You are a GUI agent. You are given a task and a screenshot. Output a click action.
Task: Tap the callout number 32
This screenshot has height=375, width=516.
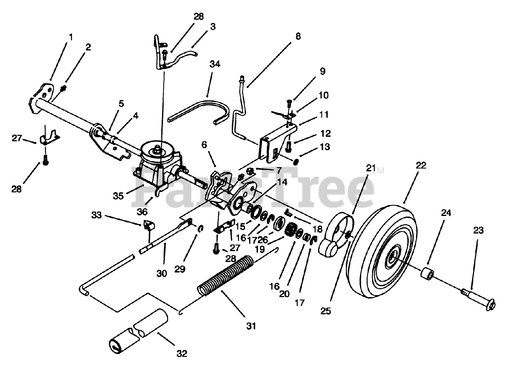[182, 354]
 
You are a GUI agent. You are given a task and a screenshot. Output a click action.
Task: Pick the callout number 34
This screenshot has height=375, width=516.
[215, 63]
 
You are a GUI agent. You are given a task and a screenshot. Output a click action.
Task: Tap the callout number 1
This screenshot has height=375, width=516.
[71, 37]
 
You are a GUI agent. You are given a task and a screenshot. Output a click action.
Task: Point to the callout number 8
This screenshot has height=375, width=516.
[298, 36]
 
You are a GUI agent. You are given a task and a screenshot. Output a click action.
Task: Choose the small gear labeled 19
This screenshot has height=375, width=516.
[290, 232]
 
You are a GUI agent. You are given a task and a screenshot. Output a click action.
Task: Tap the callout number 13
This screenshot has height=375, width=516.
[325, 148]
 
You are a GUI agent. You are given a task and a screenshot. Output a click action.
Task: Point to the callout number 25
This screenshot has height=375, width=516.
[326, 311]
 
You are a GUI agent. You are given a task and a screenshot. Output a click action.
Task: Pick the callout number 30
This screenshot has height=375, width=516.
[161, 273]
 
